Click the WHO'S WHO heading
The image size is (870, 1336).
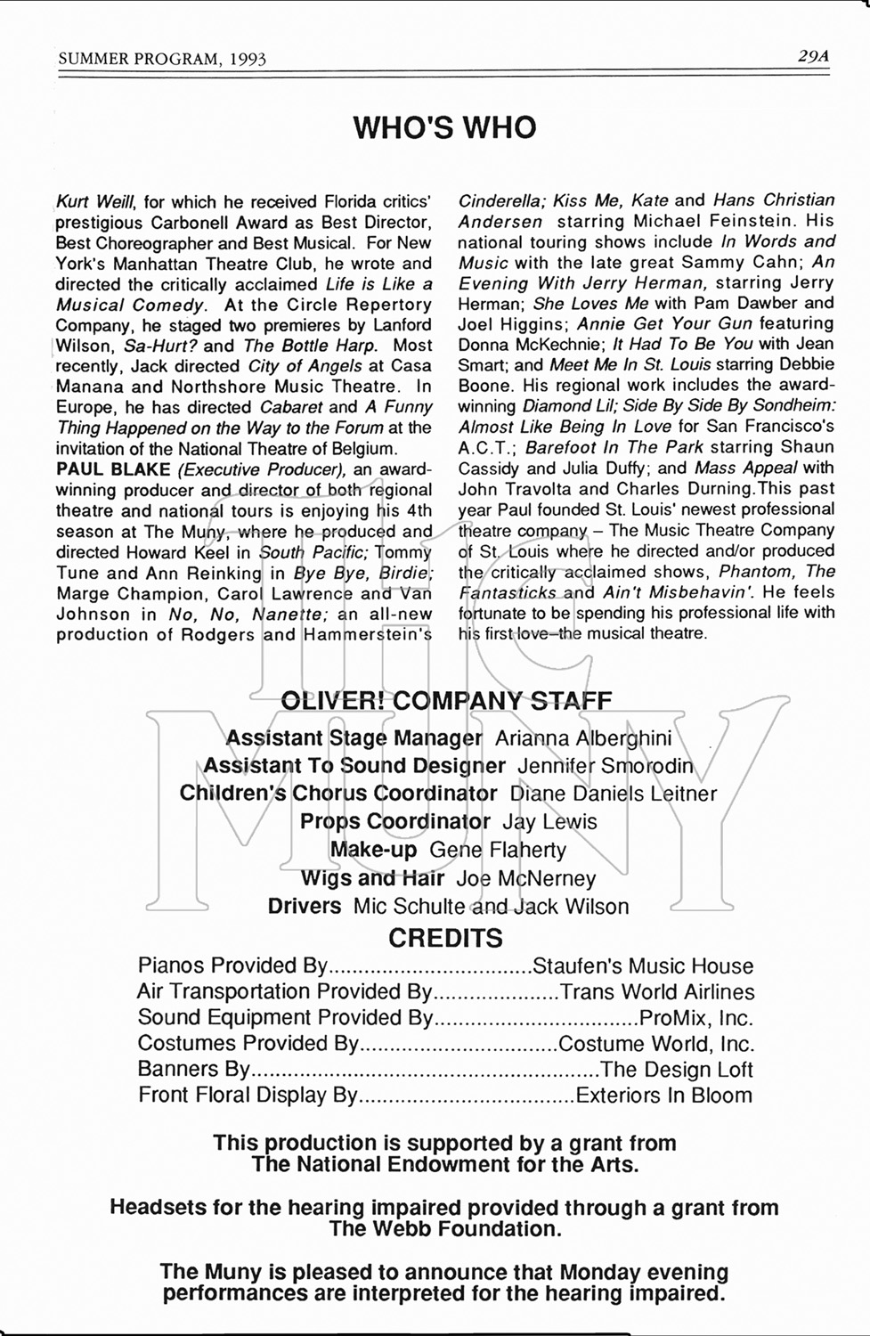tap(444, 127)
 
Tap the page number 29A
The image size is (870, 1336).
tap(813, 56)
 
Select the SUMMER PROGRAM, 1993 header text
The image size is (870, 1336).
tap(162, 59)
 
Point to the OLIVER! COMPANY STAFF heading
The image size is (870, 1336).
tap(446, 700)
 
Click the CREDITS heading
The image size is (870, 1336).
tap(445, 938)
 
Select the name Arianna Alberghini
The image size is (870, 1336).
tap(583, 738)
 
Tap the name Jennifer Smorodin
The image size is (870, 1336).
tap(605, 766)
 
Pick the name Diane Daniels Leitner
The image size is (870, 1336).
tap(613, 794)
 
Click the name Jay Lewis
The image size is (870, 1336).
tap(549, 822)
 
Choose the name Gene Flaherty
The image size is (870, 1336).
tap(498, 850)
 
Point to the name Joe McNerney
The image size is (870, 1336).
tap(525, 879)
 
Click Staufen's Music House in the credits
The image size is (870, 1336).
tap(642, 966)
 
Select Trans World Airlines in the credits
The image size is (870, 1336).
tap(657, 992)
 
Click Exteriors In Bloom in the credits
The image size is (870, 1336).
tap(664, 1096)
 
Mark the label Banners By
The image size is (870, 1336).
tap(195, 1070)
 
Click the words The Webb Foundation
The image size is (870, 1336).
tap(445, 1229)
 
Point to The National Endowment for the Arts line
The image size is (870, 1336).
tap(444, 1164)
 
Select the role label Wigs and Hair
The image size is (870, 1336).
tap(372, 879)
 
